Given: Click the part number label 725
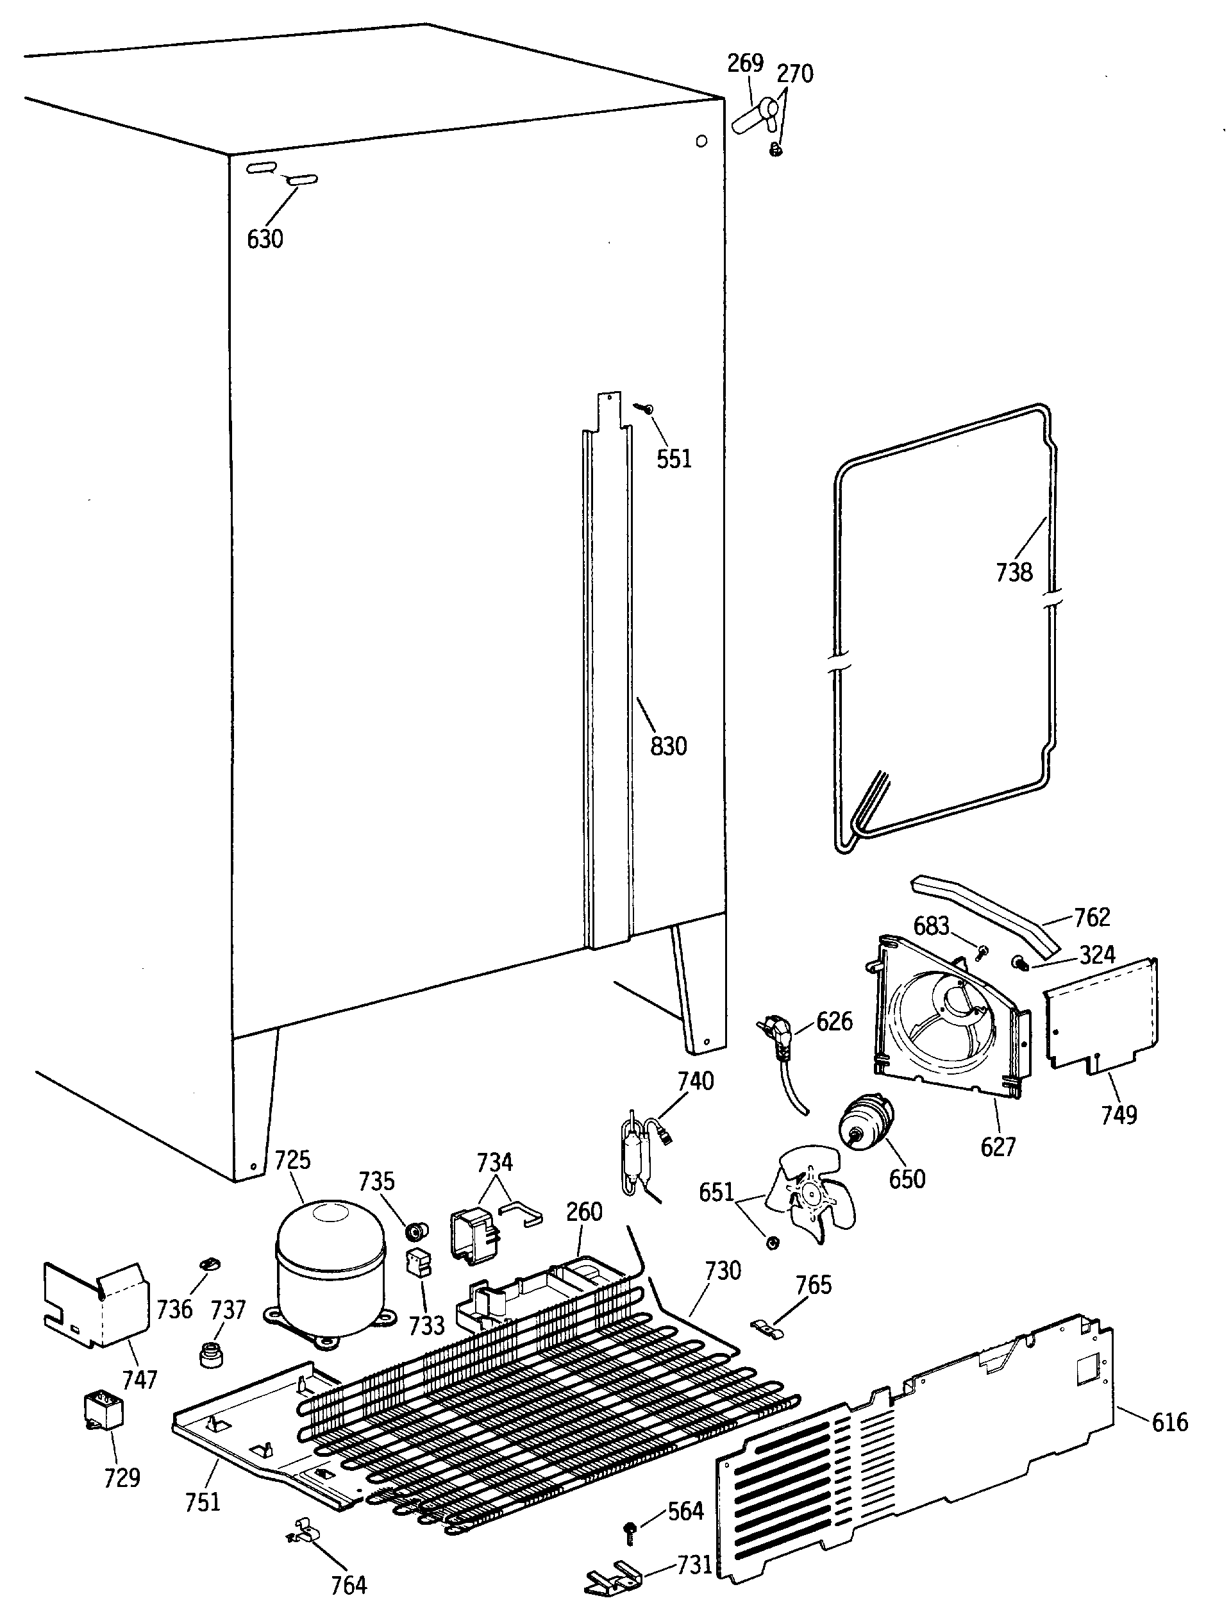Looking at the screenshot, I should (x=292, y=1160).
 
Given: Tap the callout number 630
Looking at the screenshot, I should (x=265, y=239).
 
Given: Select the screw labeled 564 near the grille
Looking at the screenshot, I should (x=630, y=1529).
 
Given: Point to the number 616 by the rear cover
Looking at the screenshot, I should (x=1169, y=1442).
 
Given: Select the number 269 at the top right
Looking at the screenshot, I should (x=745, y=63).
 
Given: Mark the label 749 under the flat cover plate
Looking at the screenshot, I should (x=1119, y=1114).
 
